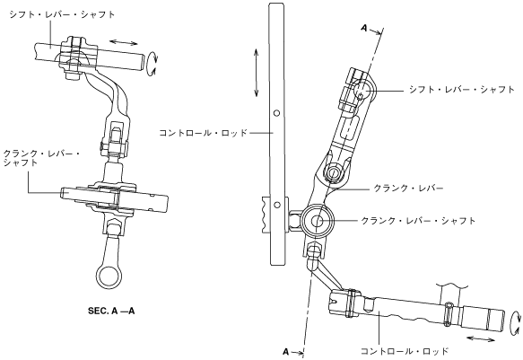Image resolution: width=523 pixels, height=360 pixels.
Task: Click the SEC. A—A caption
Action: pyautogui.click(x=111, y=311)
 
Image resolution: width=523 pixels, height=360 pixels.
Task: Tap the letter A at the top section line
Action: pyautogui.click(x=364, y=29)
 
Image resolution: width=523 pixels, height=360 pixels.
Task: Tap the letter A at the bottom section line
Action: pyautogui.click(x=286, y=352)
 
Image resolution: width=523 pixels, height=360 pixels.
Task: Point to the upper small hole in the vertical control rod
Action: pyautogui.click(x=276, y=113)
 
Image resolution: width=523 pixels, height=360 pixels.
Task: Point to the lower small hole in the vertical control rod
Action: pyautogui.click(x=276, y=205)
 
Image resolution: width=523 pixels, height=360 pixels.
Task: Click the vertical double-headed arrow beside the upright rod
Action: pyautogui.click(x=256, y=73)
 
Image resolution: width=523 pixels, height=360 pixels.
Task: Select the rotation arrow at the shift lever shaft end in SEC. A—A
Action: pyautogui.click(x=153, y=63)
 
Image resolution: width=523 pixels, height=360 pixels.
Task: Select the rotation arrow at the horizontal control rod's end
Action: pyautogui.click(x=515, y=322)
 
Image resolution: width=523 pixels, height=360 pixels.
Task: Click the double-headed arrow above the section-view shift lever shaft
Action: pyautogui.click(x=124, y=42)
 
